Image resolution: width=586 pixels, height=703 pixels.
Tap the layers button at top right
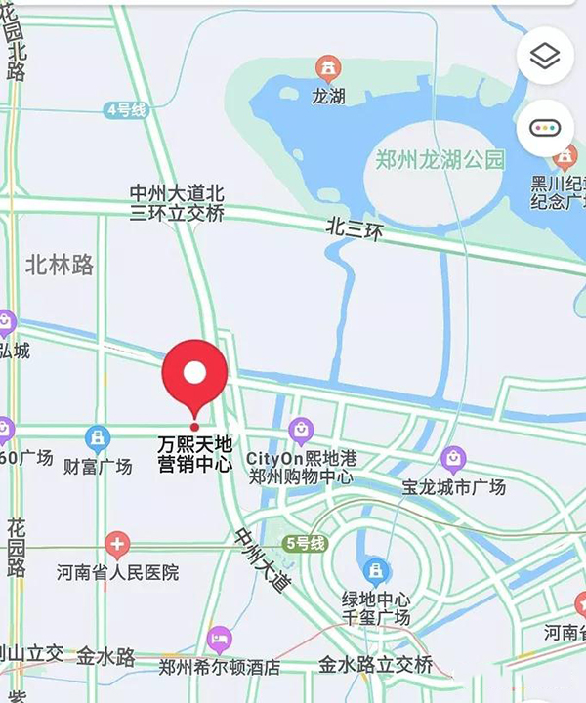coord(544,57)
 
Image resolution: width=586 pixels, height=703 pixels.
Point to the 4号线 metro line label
coord(126,110)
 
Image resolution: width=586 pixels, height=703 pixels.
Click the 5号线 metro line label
coord(305,544)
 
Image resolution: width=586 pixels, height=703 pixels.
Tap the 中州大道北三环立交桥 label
coord(177,203)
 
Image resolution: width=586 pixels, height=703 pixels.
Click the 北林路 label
coord(60,264)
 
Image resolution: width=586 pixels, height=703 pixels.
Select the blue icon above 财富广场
coord(97,438)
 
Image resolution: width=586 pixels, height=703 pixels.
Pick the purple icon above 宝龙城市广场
coord(452,458)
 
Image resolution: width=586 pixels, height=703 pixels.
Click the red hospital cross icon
coord(117,545)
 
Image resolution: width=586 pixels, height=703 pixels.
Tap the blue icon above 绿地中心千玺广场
coord(375,571)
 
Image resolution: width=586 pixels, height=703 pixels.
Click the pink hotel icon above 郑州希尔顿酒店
coord(220,641)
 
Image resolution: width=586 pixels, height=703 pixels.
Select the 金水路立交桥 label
coord(375,666)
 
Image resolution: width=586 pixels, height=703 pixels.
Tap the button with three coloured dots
coord(544,128)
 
